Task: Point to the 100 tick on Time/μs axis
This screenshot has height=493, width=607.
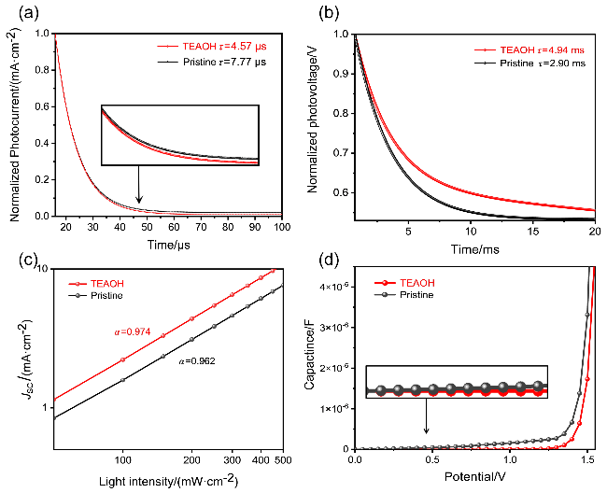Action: coord(281,227)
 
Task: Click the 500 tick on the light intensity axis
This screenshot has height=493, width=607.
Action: coord(280,460)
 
